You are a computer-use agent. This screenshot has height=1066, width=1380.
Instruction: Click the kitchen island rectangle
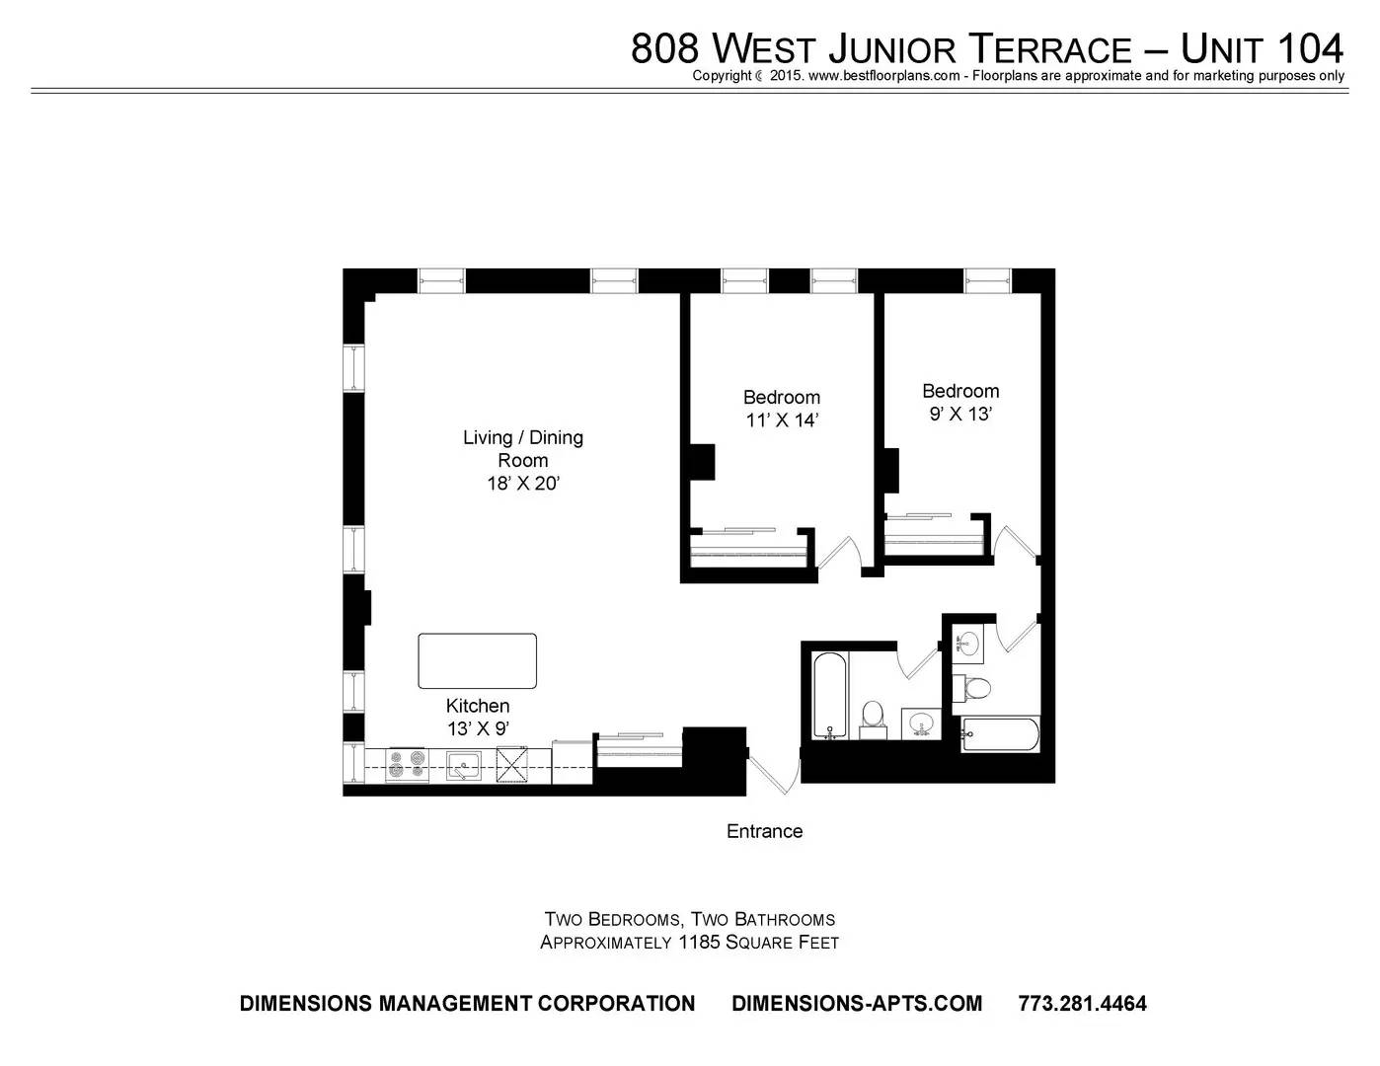[x=477, y=661]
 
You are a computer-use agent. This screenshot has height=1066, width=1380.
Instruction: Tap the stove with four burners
[x=407, y=765]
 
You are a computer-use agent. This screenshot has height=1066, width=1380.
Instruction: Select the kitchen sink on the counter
[x=464, y=765]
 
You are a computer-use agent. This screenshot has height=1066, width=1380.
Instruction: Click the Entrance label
[x=765, y=831]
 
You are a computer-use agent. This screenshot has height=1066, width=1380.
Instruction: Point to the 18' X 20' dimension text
[x=522, y=484]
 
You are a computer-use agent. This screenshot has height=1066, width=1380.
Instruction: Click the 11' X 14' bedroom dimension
[x=782, y=420]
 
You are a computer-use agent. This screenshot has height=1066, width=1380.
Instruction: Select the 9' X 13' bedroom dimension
[x=960, y=414]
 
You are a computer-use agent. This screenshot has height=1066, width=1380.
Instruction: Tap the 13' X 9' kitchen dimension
[x=478, y=728]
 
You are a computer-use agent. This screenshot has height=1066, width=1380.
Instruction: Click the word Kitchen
[x=478, y=706]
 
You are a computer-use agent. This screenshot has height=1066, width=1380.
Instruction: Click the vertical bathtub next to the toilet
[x=830, y=695]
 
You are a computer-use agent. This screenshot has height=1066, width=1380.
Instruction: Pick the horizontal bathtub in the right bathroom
[x=1000, y=734]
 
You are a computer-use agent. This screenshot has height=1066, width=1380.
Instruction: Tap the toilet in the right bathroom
[x=972, y=688]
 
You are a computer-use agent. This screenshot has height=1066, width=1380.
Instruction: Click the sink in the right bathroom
[x=967, y=644]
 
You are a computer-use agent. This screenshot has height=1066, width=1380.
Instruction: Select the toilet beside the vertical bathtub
[x=873, y=719]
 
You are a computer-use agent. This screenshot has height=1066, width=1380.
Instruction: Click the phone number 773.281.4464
[x=1083, y=1003]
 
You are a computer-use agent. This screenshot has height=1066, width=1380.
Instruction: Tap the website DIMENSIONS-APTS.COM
[x=857, y=1003]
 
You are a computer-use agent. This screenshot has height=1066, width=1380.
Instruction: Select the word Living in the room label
[x=488, y=437]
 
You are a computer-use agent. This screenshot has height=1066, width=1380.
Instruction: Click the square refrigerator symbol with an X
[x=512, y=765]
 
